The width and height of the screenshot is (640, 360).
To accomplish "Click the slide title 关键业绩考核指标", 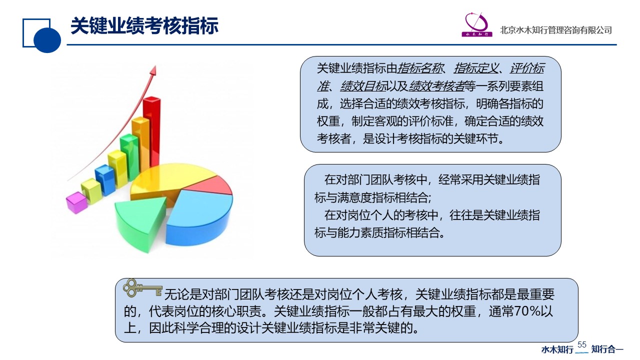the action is [144, 26].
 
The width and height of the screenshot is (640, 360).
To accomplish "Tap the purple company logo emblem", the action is [476, 25].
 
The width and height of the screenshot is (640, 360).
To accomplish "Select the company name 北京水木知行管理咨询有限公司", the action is [555, 30].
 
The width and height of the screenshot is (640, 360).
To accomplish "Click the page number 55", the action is [581, 344].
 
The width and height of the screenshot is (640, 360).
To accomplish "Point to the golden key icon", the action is [142, 288].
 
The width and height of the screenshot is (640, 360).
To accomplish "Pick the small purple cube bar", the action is [76, 202].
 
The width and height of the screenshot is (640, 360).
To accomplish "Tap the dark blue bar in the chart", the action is [104, 180].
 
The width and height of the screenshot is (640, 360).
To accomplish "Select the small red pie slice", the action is [211, 185].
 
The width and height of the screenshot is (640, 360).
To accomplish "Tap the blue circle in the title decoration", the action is [47, 40].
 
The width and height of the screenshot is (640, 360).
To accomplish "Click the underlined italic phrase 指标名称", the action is [419, 68].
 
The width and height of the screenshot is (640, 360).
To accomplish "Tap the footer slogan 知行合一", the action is [607, 349].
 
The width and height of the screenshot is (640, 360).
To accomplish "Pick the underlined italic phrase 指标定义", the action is [476, 68].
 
